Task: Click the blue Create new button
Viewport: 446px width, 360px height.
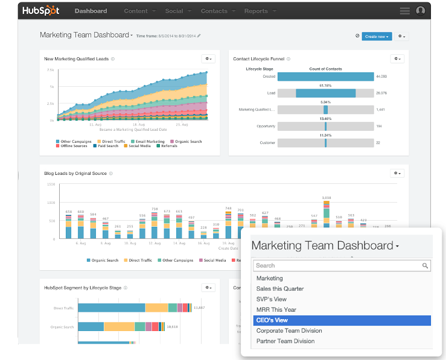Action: (377, 36)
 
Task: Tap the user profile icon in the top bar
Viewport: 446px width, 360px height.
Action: (421, 11)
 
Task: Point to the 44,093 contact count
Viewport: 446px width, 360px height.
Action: (381, 77)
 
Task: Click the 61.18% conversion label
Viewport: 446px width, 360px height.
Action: (325, 86)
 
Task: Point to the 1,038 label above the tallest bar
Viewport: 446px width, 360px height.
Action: (327, 198)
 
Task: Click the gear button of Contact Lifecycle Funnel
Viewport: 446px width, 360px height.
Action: (397, 58)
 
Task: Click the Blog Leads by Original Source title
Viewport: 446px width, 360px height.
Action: (75, 174)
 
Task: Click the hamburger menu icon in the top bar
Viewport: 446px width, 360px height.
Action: (404, 11)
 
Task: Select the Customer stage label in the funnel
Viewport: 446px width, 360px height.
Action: (267, 144)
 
